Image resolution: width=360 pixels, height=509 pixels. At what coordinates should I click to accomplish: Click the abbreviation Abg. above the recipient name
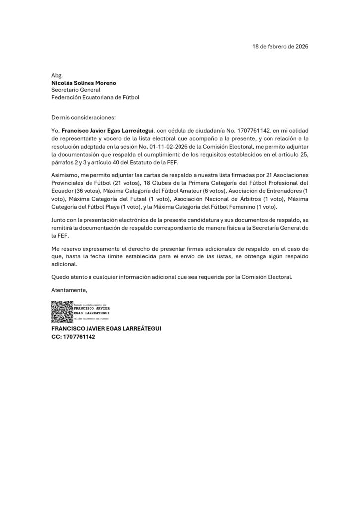[x=57, y=75]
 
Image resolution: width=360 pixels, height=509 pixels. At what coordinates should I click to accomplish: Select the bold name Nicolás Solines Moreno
[x=84, y=83]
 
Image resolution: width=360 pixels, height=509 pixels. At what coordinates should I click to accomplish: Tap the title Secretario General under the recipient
[x=76, y=90]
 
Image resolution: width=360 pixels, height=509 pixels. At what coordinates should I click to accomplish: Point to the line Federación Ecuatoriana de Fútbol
[x=95, y=98]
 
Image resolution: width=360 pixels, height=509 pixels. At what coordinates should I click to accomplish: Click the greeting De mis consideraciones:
[x=83, y=118]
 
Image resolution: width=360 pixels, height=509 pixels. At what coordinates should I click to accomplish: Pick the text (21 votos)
[x=123, y=183]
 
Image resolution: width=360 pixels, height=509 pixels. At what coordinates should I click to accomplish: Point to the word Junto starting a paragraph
[x=60, y=219]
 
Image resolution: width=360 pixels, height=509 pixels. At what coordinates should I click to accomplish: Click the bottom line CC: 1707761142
[x=73, y=337]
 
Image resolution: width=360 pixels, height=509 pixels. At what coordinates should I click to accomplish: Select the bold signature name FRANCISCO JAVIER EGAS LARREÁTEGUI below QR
[x=106, y=329]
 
